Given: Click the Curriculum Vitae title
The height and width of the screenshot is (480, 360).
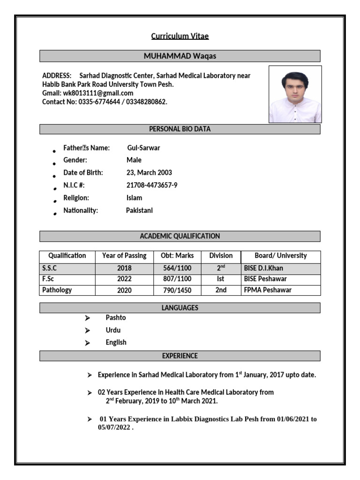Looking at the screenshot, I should (x=180, y=36).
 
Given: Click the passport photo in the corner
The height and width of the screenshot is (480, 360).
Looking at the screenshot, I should (x=295, y=94).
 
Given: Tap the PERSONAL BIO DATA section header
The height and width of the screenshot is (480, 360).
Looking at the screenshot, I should (x=180, y=129).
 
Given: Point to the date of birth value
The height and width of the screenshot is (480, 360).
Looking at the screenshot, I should (x=149, y=172).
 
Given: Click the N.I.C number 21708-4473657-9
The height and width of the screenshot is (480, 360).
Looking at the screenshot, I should (x=152, y=185).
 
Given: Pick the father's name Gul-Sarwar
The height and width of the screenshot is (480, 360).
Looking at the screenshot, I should (x=143, y=148).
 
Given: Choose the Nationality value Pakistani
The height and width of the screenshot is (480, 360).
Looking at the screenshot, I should (x=139, y=210).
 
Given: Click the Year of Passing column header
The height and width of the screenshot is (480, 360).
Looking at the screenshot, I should (x=124, y=256).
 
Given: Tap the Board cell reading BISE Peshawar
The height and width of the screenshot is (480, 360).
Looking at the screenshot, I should (x=265, y=279).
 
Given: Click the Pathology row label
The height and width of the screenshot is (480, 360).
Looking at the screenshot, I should (x=57, y=290).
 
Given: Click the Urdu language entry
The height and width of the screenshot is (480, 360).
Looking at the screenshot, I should (x=113, y=330).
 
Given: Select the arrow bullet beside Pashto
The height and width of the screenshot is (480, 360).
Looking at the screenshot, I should (x=87, y=318).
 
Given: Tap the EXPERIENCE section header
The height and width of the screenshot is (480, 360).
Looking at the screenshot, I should (x=180, y=356).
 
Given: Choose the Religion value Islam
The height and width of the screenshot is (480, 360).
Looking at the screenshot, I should (x=134, y=198).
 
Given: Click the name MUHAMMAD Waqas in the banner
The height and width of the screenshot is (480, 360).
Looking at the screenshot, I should (x=180, y=56).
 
